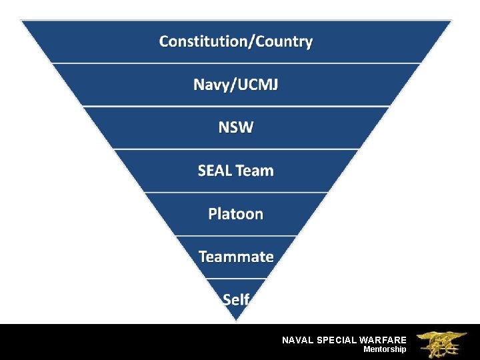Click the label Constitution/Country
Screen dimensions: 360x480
[236, 42]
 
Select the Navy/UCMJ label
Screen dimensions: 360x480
[236, 85]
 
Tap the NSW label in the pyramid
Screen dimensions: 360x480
[236, 127]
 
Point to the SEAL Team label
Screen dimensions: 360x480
[236, 171]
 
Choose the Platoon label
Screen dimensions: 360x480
[236, 214]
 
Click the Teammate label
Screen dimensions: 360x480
[236, 257]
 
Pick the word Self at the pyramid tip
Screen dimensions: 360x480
[236, 299]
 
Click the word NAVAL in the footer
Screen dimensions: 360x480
[297, 340]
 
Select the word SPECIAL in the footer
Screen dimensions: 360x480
[336, 340]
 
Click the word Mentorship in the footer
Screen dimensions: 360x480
[385, 349]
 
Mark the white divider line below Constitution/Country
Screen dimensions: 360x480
[236, 63]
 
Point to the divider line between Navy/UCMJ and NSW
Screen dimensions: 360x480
[236, 106]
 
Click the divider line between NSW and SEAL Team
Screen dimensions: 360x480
[236, 149]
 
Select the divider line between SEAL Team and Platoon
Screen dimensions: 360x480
[236, 193]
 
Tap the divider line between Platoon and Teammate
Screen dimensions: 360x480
[236, 235]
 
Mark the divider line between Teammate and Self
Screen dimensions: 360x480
[236, 278]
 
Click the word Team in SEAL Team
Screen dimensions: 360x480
[255, 171]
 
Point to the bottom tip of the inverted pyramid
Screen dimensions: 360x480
[236, 319]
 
